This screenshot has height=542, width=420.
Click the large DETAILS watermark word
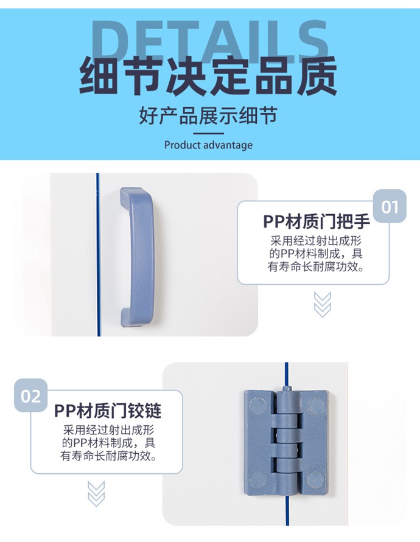210,41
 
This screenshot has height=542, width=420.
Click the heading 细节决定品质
209,77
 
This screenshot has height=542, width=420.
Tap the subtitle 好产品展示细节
208,116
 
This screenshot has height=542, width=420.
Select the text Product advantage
208,145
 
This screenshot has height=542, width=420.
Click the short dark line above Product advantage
208,133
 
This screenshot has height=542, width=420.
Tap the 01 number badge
390,206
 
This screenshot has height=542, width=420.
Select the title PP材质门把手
317,221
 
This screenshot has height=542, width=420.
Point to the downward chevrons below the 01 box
323,304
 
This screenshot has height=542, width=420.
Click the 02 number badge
31,395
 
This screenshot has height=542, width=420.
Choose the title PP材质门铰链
108,411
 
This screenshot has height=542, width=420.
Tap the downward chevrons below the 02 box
96,494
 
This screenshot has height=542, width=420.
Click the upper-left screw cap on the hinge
257,406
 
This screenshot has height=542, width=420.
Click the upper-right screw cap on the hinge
316,406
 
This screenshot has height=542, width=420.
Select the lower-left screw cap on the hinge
257,479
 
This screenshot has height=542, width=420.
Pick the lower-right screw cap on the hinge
315,479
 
